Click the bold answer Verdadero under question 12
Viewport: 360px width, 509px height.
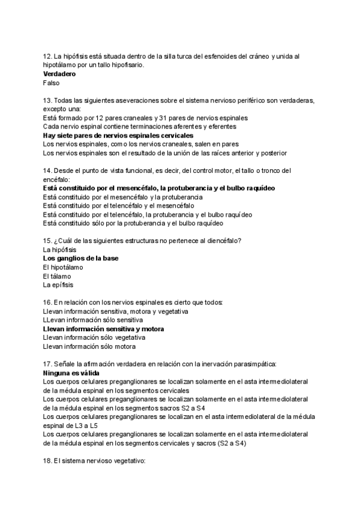59,74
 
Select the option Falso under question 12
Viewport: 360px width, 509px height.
52,83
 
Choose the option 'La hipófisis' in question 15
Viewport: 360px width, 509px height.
60,249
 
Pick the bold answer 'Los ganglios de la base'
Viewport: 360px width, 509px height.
80,258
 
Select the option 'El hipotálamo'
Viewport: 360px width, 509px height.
64,267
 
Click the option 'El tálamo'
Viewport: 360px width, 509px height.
57,276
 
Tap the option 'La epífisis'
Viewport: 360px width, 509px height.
58,285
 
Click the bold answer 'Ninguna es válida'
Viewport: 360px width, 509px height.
71,373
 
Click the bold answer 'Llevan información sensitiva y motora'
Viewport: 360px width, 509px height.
104,329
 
